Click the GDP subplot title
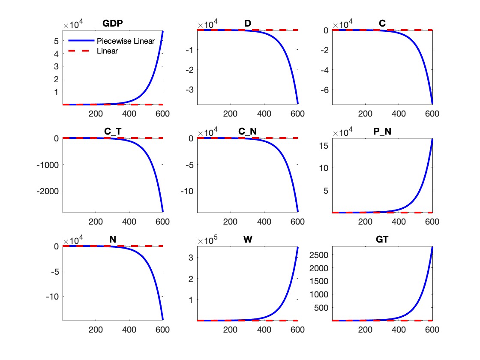[x=113, y=24]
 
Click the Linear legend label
[x=107, y=51]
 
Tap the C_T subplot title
[x=113, y=132]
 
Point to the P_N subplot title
[x=382, y=132]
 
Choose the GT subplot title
[x=382, y=240]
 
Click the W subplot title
[x=247, y=240]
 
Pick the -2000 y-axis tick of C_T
[x=47, y=191]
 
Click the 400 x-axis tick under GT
[x=399, y=330]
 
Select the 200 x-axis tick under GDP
[x=96, y=114]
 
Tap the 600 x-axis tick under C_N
[x=297, y=222]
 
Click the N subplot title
[x=113, y=240]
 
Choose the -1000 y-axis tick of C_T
[x=47, y=164]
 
